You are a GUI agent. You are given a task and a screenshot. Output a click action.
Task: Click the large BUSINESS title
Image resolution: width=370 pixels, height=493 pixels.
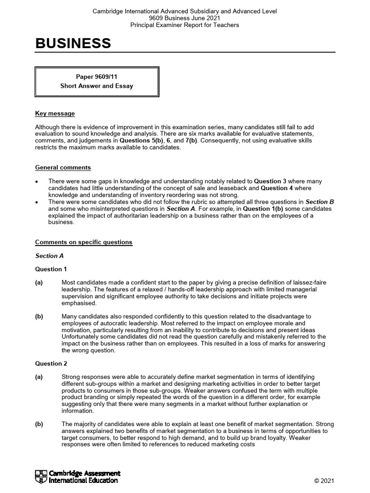[x=73, y=44]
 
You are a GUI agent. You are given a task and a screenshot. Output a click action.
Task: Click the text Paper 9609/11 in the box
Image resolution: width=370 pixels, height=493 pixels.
[x=96, y=77]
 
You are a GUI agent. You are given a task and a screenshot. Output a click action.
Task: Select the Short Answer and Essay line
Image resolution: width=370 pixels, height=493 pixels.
[x=96, y=86]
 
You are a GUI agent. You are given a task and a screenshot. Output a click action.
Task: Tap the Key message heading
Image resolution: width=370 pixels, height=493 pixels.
[x=55, y=114]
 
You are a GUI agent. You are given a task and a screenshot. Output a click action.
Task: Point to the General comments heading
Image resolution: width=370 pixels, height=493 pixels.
[x=63, y=168]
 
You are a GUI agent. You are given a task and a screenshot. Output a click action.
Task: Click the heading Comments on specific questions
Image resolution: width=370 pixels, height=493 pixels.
[x=83, y=242]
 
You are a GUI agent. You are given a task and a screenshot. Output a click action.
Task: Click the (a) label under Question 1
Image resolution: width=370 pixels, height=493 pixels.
[x=39, y=283]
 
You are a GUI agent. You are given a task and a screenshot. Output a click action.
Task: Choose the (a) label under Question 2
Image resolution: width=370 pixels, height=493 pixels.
[x=39, y=377]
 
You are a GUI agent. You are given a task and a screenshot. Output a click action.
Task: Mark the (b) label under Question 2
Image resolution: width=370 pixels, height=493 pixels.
[x=39, y=424]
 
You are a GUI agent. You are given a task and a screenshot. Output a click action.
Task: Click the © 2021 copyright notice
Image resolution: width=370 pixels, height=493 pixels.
[x=324, y=481]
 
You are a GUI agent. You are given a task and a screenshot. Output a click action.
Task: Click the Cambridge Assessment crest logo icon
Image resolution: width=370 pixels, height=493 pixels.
[x=41, y=477]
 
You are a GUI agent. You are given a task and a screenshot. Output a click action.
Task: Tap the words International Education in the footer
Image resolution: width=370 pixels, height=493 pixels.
[x=83, y=480]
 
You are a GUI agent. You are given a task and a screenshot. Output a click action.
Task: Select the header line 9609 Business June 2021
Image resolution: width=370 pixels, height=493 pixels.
[x=185, y=18]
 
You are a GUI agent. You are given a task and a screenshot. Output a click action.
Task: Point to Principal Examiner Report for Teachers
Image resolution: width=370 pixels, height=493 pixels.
[x=185, y=25]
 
